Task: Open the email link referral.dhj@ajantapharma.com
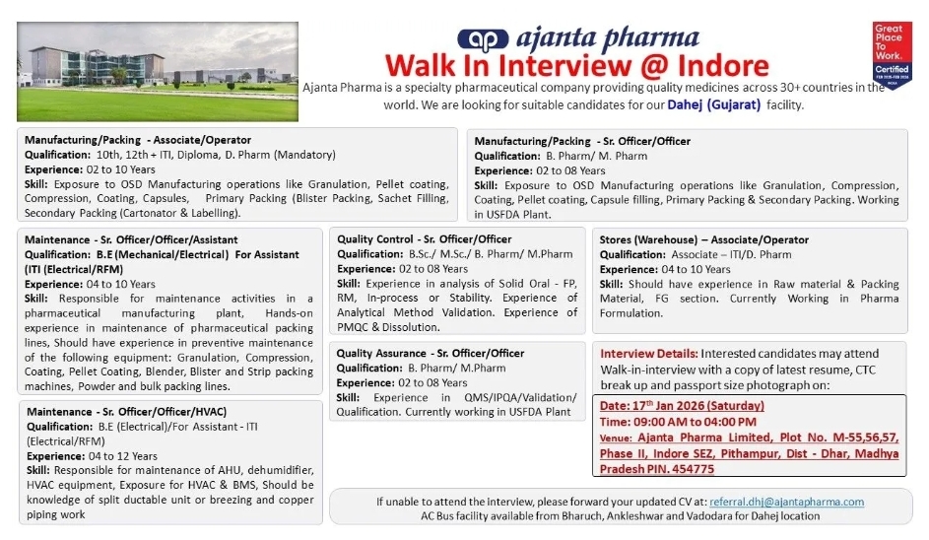pos(786,502)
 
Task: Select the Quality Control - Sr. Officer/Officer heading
pos(425,239)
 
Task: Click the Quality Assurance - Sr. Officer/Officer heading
pos(431,354)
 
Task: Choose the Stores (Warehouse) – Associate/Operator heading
pos(703,239)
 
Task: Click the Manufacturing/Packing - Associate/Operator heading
pos(138,140)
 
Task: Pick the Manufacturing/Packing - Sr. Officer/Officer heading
pos(582,141)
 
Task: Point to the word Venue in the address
pos(615,437)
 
